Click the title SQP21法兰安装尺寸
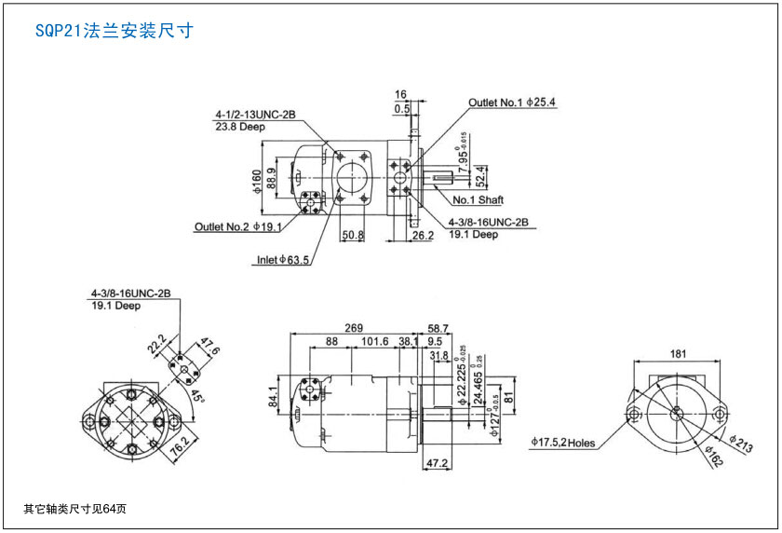[x=114, y=31]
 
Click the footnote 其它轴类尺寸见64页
[x=74, y=509]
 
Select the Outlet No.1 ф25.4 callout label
[x=512, y=102]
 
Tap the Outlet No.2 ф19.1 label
[x=238, y=226]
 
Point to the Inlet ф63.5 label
[x=283, y=260]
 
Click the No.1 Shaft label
[x=478, y=200]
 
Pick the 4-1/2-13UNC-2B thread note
[x=255, y=115]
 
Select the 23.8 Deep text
[x=240, y=127]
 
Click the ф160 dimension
[x=256, y=181]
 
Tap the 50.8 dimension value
[x=353, y=235]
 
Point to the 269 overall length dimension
[x=354, y=328]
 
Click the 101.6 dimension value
[x=374, y=341]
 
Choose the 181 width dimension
[x=678, y=354]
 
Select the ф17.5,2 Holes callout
[x=562, y=443]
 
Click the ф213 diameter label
[x=741, y=444]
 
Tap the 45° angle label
[x=197, y=396]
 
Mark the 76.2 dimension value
[x=180, y=446]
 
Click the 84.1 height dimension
[x=274, y=396]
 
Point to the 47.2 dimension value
[x=437, y=462]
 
